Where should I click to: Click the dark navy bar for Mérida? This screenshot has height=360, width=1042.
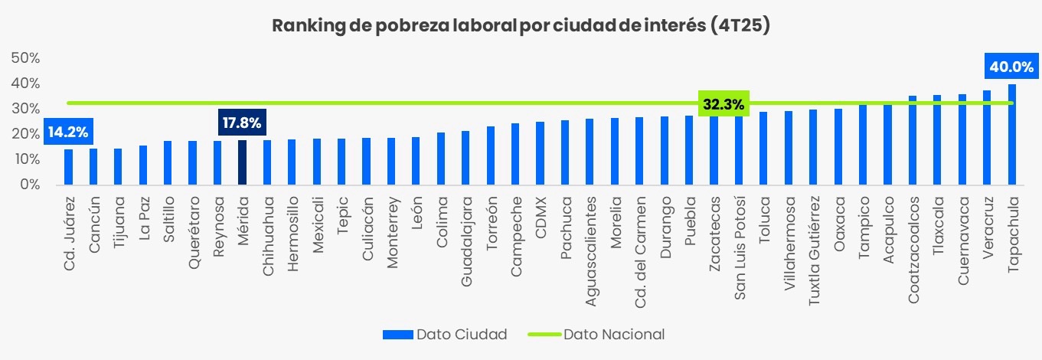click(x=242, y=162)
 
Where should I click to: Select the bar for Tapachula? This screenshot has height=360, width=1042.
click(x=1011, y=135)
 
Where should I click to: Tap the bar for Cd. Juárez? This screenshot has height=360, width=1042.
click(x=68, y=167)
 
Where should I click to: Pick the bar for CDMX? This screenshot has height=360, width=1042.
click(x=540, y=153)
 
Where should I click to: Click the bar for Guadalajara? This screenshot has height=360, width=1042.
click(x=465, y=158)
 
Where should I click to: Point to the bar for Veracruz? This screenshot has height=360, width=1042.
click(x=987, y=138)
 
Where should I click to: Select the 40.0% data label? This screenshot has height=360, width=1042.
click(x=1011, y=67)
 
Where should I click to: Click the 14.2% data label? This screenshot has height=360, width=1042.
click(x=68, y=132)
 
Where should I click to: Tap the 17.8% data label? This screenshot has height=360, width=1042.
click(x=242, y=122)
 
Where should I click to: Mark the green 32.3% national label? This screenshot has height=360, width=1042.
click(x=723, y=104)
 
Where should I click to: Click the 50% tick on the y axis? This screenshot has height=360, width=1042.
click(x=25, y=58)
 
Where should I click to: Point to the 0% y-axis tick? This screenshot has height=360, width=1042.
click(x=29, y=185)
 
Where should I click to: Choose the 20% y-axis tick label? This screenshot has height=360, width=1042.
click(x=25, y=134)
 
